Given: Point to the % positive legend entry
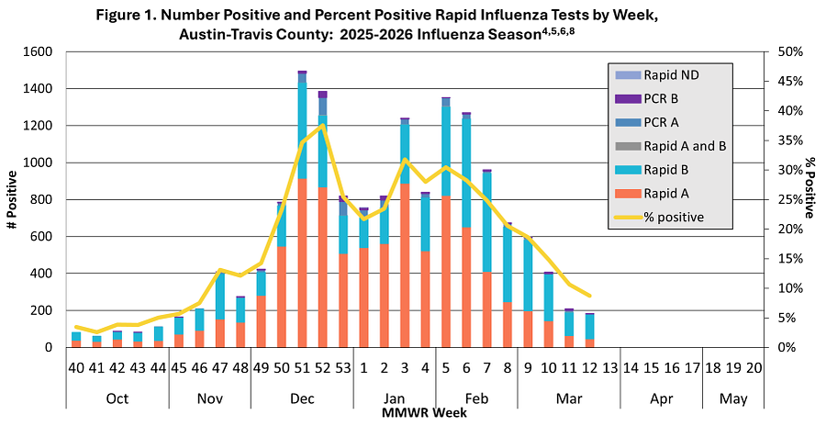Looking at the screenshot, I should tap(673, 218).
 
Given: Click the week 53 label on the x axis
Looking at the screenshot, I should tap(343, 367).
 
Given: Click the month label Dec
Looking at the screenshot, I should tap(302, 399).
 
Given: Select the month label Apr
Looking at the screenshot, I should tap(661, 399).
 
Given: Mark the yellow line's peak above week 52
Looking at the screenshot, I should tap(323, 125).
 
